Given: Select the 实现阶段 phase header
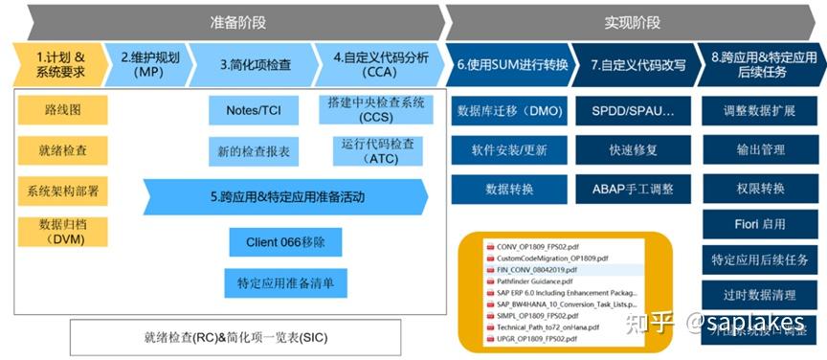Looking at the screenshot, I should pyautogui.click(x=632, y=21).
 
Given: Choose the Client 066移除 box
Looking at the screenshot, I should pyautogui.click(x=285, y=241).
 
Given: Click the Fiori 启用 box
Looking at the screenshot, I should pyautogui.click(x=760, y=224).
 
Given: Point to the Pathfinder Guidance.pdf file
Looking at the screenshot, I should pyautogui.click(x=535, y=281).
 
